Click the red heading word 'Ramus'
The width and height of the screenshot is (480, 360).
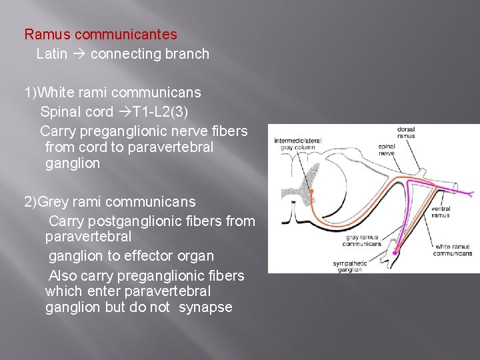coord(47,34)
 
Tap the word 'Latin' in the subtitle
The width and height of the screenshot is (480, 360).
coord(51,54)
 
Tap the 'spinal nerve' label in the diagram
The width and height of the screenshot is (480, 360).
coord(386,149)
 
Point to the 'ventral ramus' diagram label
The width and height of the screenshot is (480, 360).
coord(440,212)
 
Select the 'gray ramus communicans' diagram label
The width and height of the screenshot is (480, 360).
coord(363,240)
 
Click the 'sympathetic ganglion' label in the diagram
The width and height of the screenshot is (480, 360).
coord(349,267)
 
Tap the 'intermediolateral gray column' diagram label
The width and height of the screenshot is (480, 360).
coord(297,143)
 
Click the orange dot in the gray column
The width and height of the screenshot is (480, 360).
coord(311,191)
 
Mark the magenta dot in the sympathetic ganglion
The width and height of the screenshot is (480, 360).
coord(395,251)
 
